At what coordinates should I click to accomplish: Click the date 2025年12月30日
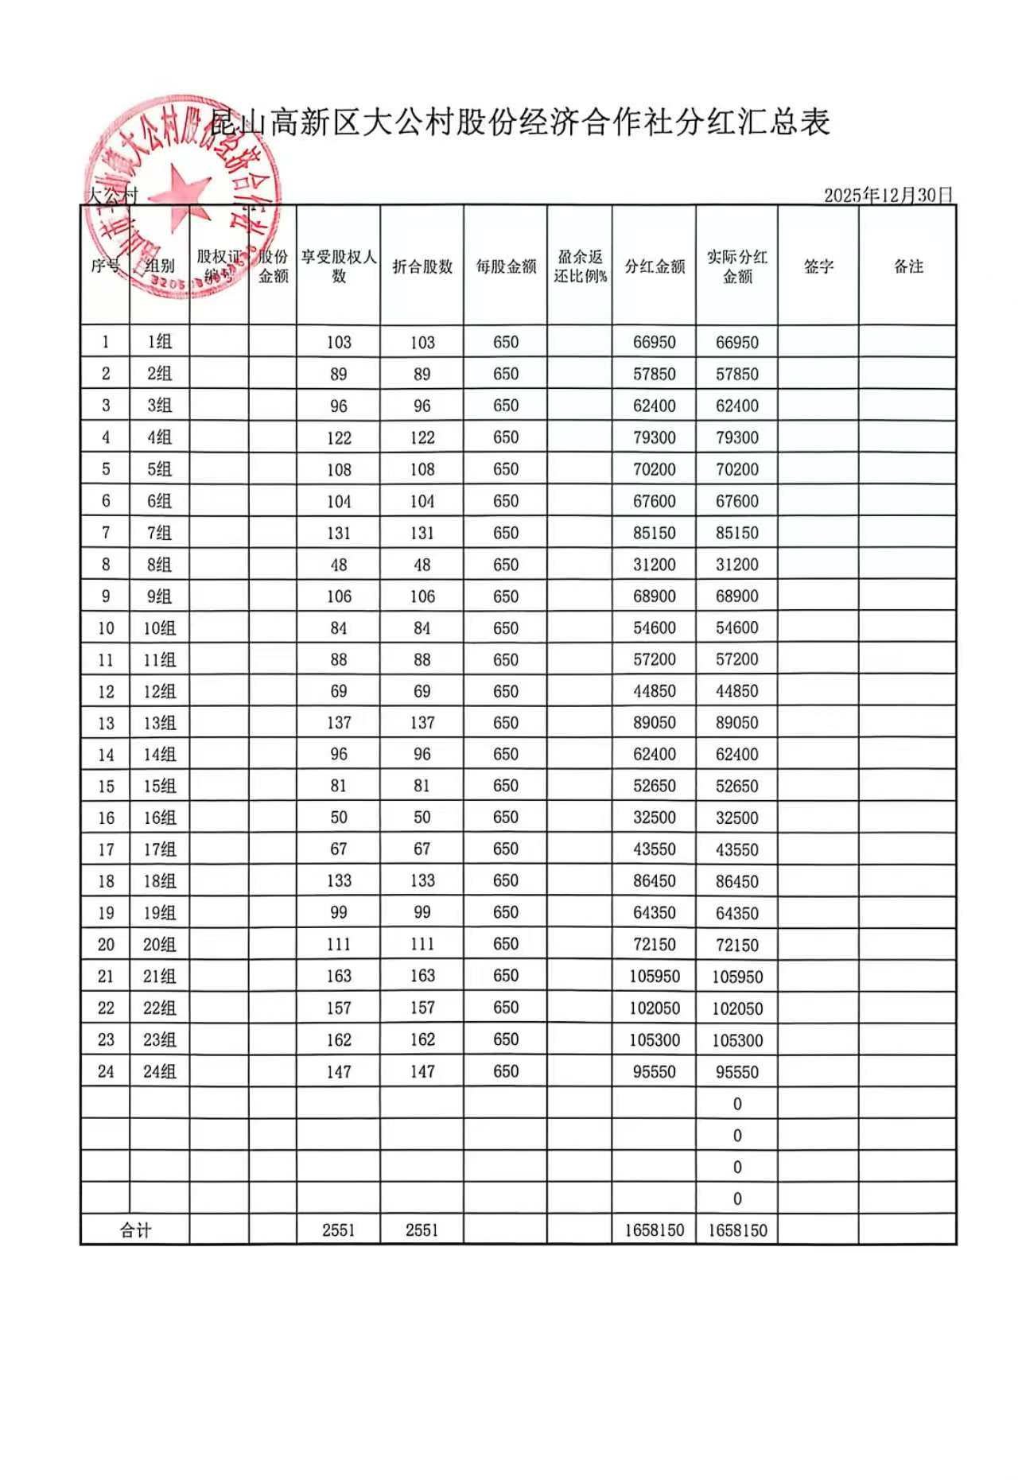point(888,195)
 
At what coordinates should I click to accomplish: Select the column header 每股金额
point(506,266)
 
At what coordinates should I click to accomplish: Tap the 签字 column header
point(818,266)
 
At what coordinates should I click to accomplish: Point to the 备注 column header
point(908,266)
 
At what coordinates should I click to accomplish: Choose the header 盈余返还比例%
point(580,266)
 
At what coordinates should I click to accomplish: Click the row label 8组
point(159,565)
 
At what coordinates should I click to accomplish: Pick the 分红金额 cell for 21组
point(655,976)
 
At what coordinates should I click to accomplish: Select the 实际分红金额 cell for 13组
point(737,723)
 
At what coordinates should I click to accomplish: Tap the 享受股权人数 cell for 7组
point(339,533)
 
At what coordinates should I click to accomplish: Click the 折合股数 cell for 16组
point(422,818)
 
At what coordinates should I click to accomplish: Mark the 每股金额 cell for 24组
point(506,1071)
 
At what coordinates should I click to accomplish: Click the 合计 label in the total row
point(135,1230)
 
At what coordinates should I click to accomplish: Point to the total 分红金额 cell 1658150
point(655,1230)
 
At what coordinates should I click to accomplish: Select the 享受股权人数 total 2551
point(339,1230)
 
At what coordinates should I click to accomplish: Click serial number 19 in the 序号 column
point(106,913)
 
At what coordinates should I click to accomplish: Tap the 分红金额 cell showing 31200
point(655,565)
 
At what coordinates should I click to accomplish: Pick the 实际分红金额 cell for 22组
point(737,1008)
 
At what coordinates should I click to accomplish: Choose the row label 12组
point(159,692)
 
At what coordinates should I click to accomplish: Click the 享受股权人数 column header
point(339,266)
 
